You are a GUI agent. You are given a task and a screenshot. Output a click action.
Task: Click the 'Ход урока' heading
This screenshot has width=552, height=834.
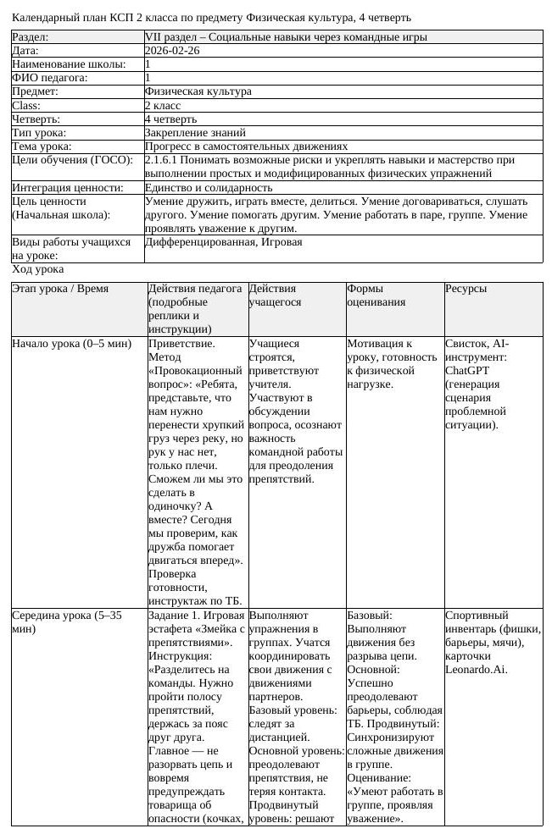(37, 269)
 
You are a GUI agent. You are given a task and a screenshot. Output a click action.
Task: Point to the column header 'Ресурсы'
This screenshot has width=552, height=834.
(466, 289)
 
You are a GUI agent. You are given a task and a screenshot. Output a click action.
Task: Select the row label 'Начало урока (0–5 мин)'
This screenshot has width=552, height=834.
(72, 344)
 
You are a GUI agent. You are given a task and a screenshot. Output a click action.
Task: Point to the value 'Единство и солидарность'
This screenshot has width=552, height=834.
(209, 188)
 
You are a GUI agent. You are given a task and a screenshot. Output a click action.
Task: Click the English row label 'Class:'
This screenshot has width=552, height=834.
(26, 106)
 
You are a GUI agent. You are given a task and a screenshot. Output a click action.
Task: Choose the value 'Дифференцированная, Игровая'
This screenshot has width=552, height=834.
(223, 242)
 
